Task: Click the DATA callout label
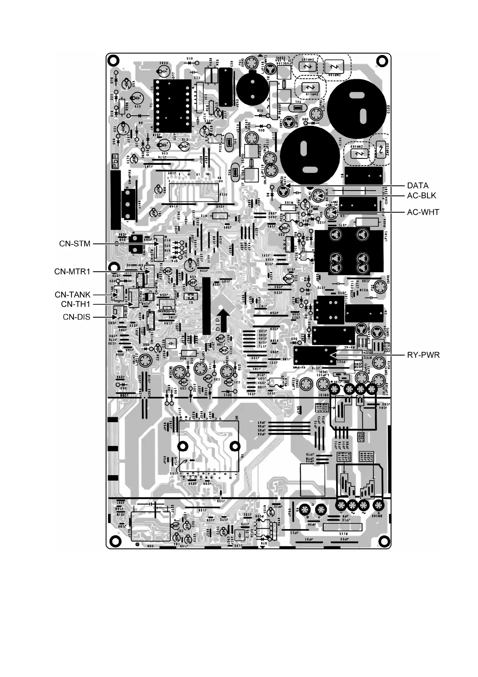(x=418, y=185)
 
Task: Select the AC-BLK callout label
(x=421, y=196)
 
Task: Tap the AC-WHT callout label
(x=423, y=212)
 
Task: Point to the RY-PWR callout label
(x=423, y=355)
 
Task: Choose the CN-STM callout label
(x=75, y=244)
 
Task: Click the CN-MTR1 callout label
(x=72, y=272)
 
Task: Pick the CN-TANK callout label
(x=73, y=295)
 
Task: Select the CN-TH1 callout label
(x=76, y=304)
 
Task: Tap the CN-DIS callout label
(x=76, y=317)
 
